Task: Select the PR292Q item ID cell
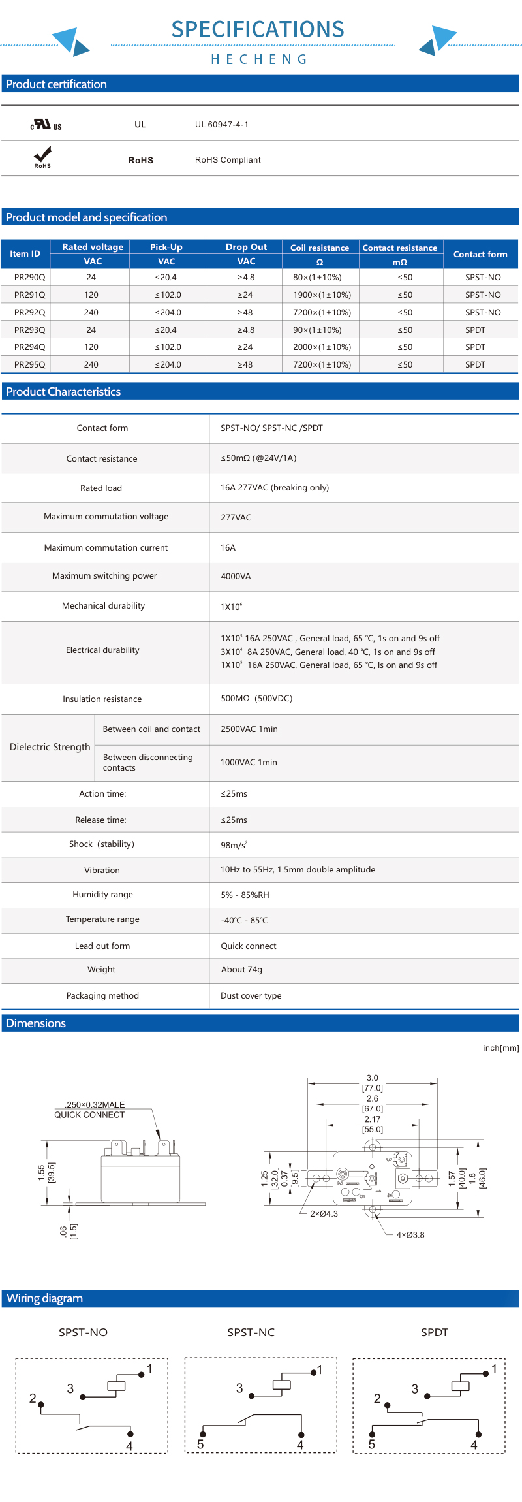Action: (x=29, y=312)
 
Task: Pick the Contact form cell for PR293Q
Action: (x=475, y=330)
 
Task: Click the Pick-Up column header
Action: (x=166, y=247)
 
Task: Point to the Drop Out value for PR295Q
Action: (x=245, y=364)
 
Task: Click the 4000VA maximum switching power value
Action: (x=236, y=576)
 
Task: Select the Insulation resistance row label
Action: (x=102, y=699)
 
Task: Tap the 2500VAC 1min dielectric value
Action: (x=249, y=729)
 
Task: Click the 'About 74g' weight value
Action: (x=241, y=969)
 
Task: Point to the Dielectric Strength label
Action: (x=50, y=747)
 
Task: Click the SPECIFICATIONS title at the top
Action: (x=258, y=29)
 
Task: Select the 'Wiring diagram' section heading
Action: (x=44, y=1298)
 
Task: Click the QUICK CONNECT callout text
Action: (x=89, y=1115)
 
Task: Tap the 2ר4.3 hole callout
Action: (x=324, y=1213)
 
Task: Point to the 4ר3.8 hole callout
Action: (x=410, y=1234)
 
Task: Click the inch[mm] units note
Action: (x=500, y=1047)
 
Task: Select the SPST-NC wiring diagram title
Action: (x=251, y=1332)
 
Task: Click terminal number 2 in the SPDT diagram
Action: (x=377, y=1398)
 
